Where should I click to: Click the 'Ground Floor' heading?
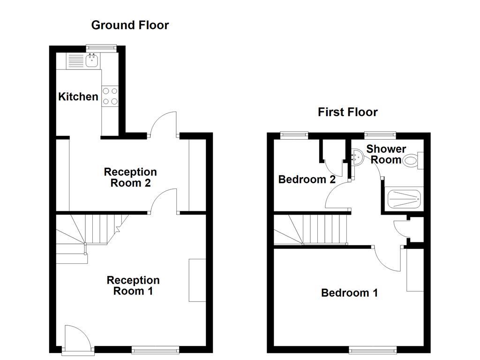pos(130,25)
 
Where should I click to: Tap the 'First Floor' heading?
pos(347,112)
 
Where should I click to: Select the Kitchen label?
pos(78,97)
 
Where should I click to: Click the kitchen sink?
pos(92,60)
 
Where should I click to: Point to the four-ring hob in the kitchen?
pos(111,96)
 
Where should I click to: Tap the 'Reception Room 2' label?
pos(130,178)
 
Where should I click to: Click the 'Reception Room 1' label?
pos(133,285)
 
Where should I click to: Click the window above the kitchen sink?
pos(101,46)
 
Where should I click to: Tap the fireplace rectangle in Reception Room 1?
pos(197,280)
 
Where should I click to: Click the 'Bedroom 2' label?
pos(307,180)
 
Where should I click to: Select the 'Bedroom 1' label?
pos(349,293)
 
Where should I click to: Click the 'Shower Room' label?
pos(386,154)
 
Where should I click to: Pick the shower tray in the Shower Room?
pos(403,199)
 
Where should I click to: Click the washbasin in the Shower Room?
pos(356,157)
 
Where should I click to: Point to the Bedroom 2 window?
pos(294,135)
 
